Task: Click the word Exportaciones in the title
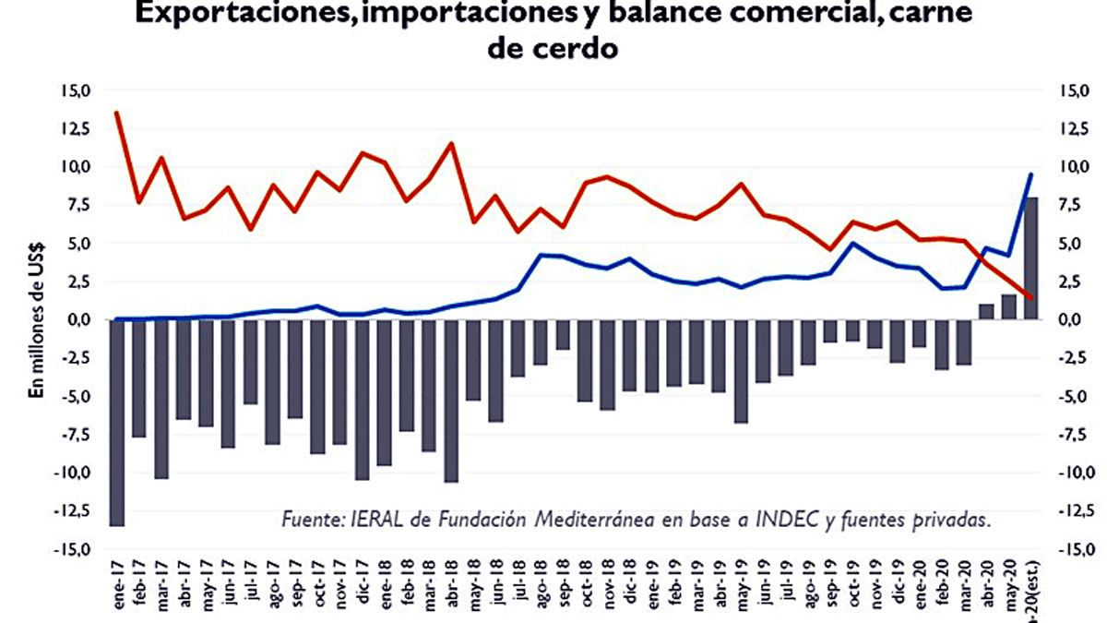(x=238, y=15)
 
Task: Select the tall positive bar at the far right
(x=1031, y=258)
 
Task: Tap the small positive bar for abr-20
(x=986, y=311)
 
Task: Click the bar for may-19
(x=742, y=370)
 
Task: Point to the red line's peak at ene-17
(x=117, y=113)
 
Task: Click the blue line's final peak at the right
(x=1031, y=174)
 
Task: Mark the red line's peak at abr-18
(x=451, y=144)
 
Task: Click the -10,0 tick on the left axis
(x=76, y=473)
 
